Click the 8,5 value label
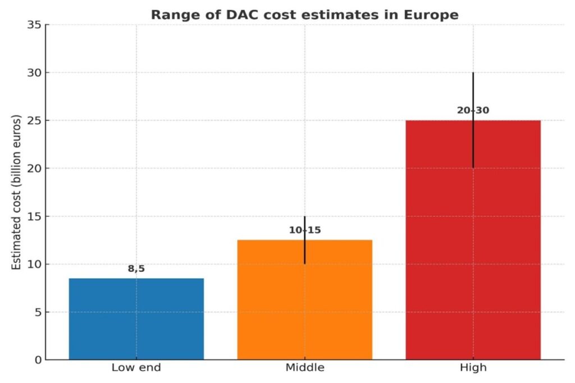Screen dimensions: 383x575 point(136,269)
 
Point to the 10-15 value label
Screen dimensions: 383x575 point(304,230)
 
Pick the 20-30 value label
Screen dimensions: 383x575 point(473,110)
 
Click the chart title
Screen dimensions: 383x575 point(304,15)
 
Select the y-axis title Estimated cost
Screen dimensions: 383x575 point(16,192)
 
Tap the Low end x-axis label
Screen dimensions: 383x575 point(136,368)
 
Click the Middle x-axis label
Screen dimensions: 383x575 point(304,368)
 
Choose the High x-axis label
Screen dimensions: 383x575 point(473,368)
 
